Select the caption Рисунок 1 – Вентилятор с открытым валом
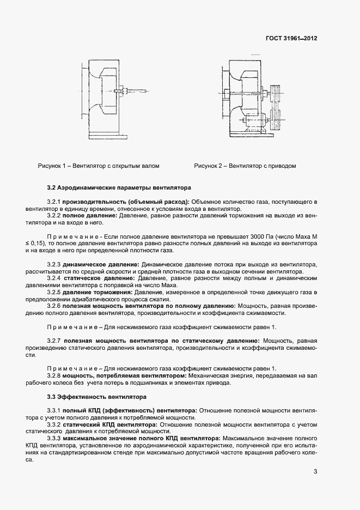[x=98, y=166]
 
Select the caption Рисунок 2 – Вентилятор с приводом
[x=245, y=166]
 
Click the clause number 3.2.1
[x=54, y=202]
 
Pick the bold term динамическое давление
[x=96, y=264]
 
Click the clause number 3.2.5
[x=54, y=293]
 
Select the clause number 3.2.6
[x=54, y=307]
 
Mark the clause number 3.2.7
[x=54, y=341]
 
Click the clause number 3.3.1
[x=54, y=410]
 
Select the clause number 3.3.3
[x=54, y=438]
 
